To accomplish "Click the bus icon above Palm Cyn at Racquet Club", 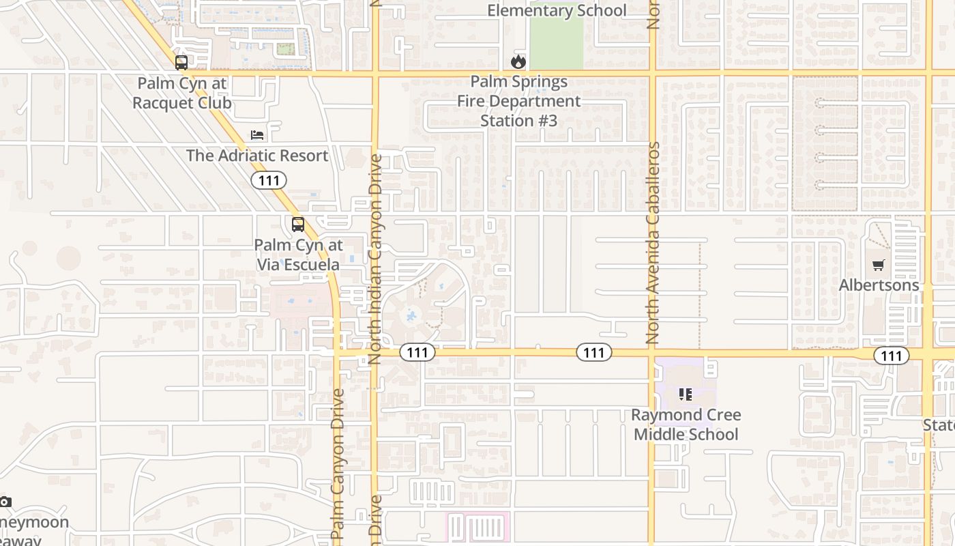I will (181, 63).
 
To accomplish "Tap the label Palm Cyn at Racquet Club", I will (182, 94).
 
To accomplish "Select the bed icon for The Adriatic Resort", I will (257, 134).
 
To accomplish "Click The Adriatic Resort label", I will (257, 156).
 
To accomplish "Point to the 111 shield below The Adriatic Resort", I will (269, 180).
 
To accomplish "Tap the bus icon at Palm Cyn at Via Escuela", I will (298, 225).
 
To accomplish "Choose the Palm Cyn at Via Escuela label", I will (298, 255).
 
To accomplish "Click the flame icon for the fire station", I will (518, 62).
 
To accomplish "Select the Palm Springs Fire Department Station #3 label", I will (519, 101).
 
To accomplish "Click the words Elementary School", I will (557, 10).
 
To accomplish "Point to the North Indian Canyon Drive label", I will (376, 259).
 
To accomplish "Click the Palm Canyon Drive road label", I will (338, 464).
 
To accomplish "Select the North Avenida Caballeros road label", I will (653, 242).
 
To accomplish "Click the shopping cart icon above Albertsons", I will (879, 265).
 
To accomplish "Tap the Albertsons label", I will (879, 285).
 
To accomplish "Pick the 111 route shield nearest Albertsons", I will (891, 356).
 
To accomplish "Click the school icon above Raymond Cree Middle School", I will (686, 394).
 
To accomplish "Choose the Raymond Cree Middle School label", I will (686, 425).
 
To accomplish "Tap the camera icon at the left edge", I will (5, 502).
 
